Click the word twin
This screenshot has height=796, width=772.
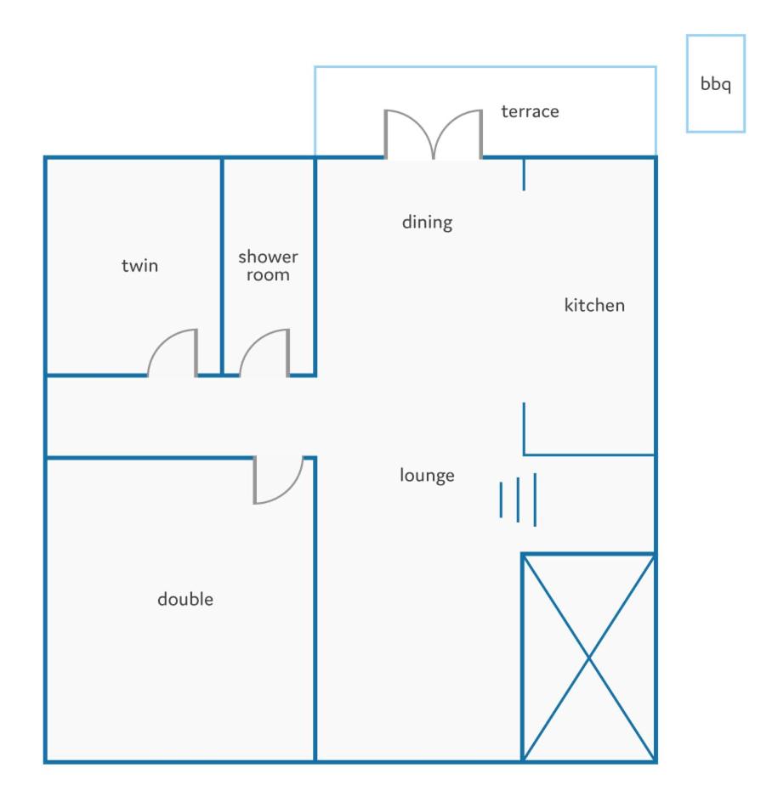(139, 266)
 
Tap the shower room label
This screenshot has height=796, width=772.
(268, 266)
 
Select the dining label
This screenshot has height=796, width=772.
(427, 223)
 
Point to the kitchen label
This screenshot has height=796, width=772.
(594, 305)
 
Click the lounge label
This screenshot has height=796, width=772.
(427, 475)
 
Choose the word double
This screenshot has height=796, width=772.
(185, 599)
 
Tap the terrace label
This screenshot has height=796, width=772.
(530, 111)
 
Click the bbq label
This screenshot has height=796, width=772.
(716, 84)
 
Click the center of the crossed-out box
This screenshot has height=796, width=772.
(588, 658)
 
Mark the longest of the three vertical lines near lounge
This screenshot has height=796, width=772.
(535, 500)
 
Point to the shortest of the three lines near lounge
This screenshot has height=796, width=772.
(501, 500)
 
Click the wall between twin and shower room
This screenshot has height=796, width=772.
(222, 267)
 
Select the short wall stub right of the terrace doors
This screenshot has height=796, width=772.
(524, 174)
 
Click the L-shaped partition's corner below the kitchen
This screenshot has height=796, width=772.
(524, 454)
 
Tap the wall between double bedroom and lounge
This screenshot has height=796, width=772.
(315, 609)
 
